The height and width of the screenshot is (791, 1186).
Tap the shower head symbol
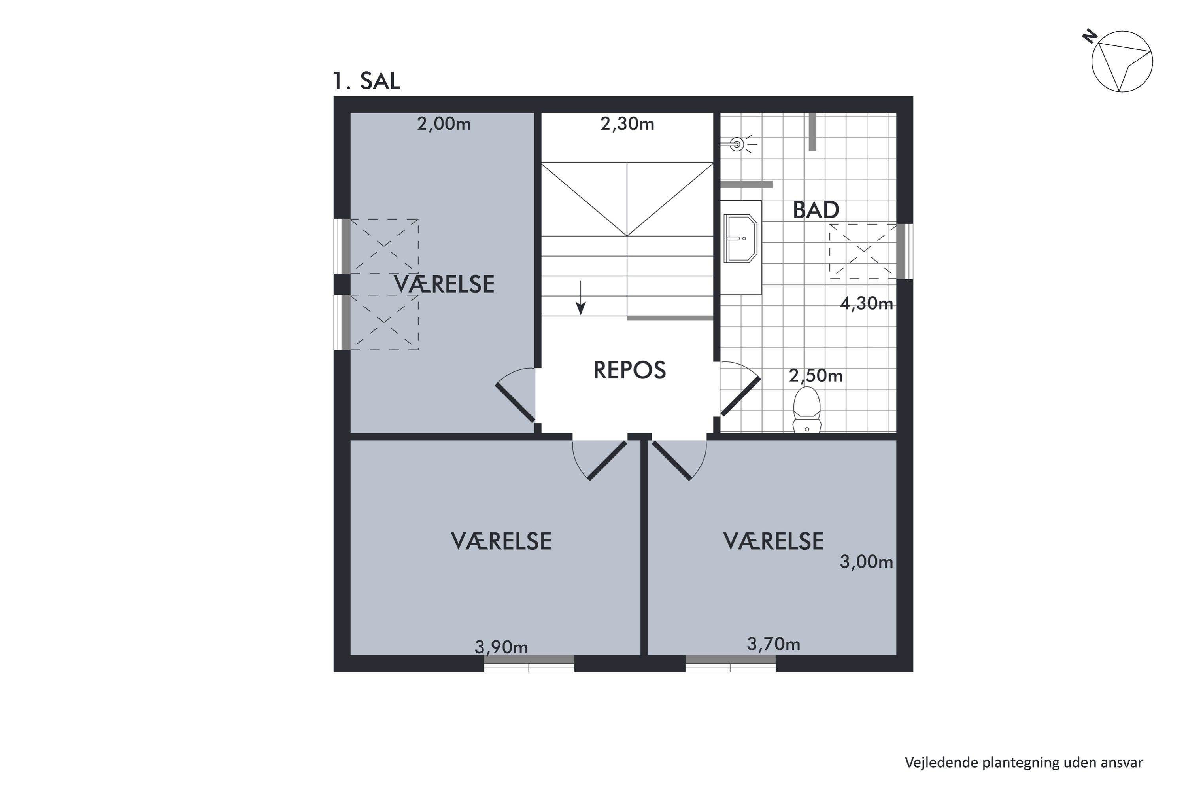point(737,145)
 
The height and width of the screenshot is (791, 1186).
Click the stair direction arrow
point(581,298)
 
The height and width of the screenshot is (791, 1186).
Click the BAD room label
point(815,210)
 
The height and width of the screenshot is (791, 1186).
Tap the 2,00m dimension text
point(443,123)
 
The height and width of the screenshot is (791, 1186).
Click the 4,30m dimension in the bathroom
point(866,303)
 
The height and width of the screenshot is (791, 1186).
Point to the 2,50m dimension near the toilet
point(815,376)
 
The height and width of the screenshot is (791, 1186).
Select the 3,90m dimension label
point(501,647)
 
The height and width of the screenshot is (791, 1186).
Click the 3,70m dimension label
point(773,644)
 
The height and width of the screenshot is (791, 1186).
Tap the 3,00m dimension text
point(866,562)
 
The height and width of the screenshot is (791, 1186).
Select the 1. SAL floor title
point(366,81)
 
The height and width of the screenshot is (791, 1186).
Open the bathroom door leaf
point(740,397)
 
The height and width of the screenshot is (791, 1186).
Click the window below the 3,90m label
point(529,664)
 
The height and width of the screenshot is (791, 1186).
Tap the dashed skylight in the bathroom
point(863,251)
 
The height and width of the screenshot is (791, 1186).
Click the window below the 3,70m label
point(730,664)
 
